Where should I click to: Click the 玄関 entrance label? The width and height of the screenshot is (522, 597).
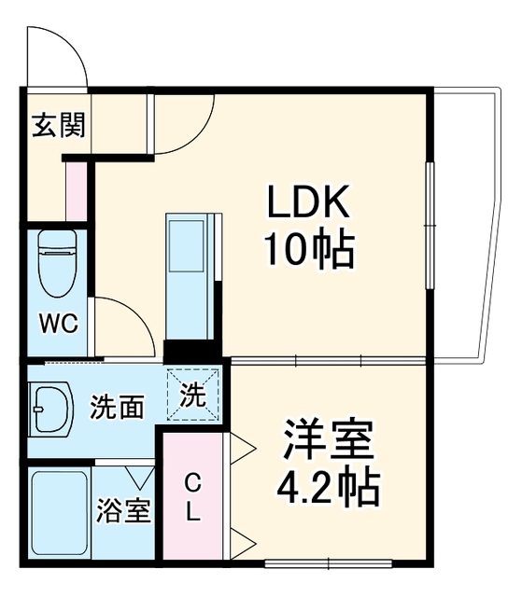(x=58, y=125)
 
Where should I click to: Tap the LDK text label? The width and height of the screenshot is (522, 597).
(x=309, y=201)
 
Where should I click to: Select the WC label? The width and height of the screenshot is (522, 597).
(x=59, y=324)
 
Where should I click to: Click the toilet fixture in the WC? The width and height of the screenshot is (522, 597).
(x=58, y=263)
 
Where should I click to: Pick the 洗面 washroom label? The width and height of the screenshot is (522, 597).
(x=118, y=407)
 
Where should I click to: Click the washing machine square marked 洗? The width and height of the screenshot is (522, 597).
(x=193, y=395)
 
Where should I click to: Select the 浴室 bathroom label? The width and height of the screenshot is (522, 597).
(x=123, y=510)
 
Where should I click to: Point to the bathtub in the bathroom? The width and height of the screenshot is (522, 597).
(x=60, y=513)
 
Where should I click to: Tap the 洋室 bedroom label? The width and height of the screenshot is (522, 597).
(x=328, y=439)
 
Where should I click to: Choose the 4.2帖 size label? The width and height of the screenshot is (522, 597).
(x=328, y=488)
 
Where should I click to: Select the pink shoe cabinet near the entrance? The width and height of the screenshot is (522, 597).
(x=77, y=191)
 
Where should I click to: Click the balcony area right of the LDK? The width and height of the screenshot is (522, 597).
(x=467, y=225)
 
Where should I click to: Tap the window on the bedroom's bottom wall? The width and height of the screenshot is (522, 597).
(x=329, y=563)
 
